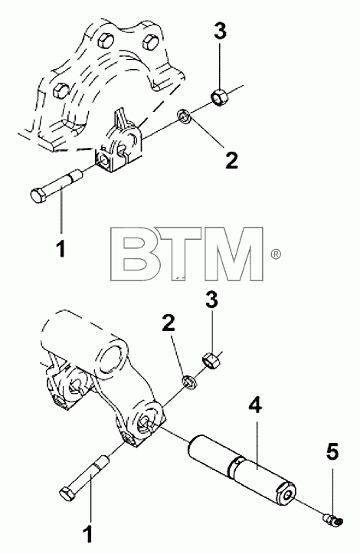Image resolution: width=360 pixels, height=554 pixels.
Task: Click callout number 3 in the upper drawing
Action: tap(220, 31)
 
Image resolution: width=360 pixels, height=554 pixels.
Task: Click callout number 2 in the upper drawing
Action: tap(231, 160)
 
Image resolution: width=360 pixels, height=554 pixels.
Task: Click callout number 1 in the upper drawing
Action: tap(61, 248)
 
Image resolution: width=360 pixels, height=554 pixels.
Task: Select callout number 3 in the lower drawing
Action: tap(211, 300)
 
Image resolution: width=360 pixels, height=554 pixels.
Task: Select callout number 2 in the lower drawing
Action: tap(169, 323)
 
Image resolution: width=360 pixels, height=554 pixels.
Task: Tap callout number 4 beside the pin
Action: tap(255, 405)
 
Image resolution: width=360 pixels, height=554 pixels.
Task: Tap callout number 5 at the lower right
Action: tap(332, 452)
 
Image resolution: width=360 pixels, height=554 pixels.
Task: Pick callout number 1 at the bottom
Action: tap(87, 534)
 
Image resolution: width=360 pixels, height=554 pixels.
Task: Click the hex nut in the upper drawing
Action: tap(220, 98)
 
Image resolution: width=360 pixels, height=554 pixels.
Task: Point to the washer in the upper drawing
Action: tap(185, 117)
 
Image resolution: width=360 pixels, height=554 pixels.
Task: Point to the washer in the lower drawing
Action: tap(189, 382)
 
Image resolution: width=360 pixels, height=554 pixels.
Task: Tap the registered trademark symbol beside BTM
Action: tap(276, 254)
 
